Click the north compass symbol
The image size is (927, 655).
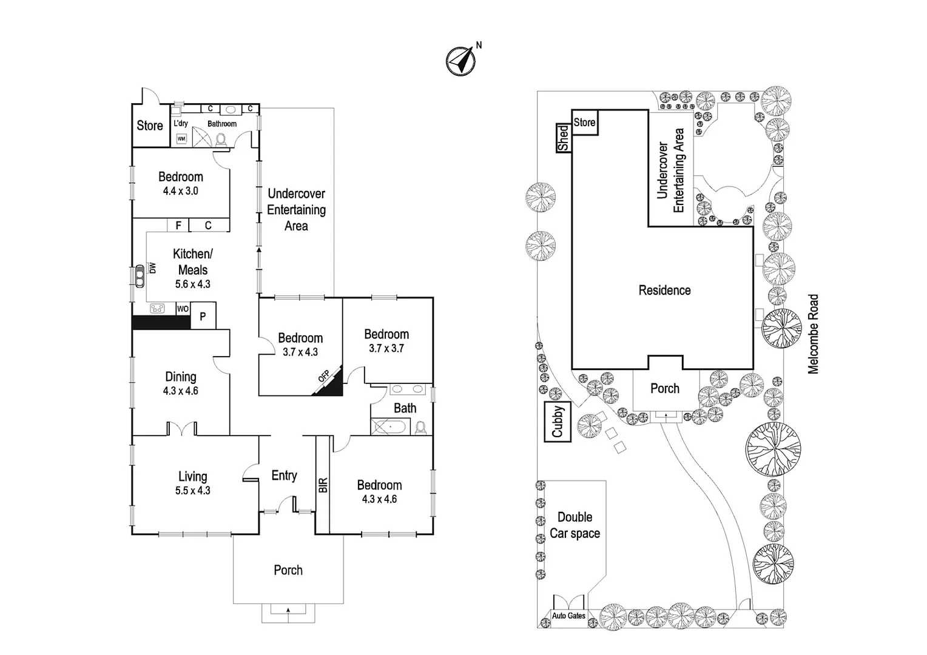(x=460, y=61)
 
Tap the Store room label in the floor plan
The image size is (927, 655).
(x=149, y=126)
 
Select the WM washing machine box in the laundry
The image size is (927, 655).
(x=181, y=139)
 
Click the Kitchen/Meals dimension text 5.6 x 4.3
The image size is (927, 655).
(x=192, y=284)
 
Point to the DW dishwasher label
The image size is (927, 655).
(x=153, y=267)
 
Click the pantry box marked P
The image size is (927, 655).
(x=203, y=316)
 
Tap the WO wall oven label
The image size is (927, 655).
(x=183, y=309)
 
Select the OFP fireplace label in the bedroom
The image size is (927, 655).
(x=323, y=376)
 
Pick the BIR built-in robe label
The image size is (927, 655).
(x=323, y=485)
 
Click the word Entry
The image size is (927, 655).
(x=284, y=475)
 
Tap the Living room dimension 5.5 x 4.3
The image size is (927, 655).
(x=192, y=491)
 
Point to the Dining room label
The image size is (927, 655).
(x=180, y=377)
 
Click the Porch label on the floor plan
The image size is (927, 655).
(x=288, y=570)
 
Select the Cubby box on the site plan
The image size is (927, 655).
(x=558, y=421)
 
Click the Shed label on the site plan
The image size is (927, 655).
(x=564, y=138)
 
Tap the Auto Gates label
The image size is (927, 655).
(x=568, y=616)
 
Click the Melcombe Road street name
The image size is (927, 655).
(x=813, y=334)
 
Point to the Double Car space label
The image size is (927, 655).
(x=575, y=525)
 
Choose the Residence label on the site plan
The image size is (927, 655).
(x=664, y=291)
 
